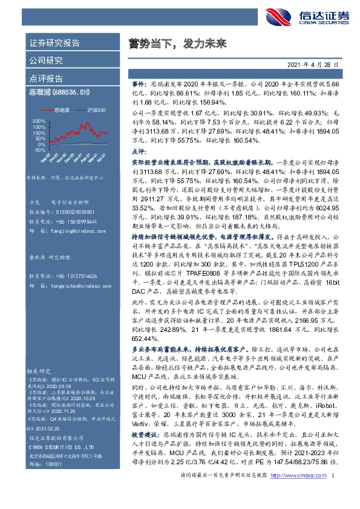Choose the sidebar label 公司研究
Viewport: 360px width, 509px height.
[46, 61]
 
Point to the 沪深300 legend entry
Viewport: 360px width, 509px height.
[93, 111]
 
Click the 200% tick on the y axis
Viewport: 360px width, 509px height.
[38, 121]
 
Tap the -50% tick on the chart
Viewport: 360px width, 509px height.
[38, 150]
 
